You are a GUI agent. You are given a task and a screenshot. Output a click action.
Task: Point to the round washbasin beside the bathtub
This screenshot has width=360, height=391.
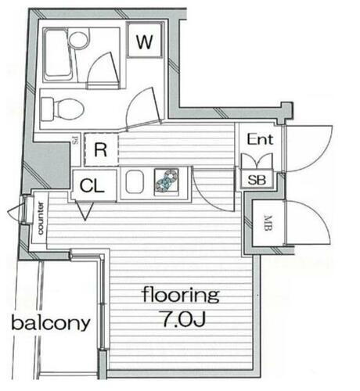[x=79, y=39]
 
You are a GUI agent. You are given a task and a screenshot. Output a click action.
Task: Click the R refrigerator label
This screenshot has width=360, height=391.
[x=100, y=150]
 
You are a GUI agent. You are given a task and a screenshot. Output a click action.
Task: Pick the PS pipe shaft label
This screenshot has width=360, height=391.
[x=75, y=142]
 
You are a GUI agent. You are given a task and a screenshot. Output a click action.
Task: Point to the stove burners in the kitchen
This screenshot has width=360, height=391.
[x=167, y=181]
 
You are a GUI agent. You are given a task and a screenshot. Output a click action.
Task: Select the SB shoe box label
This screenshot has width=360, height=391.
[x=255, y=179]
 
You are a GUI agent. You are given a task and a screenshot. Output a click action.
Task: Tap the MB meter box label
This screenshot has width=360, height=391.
[x=268, y=226]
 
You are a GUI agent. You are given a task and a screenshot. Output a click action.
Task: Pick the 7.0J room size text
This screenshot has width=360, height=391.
[x=179, y=321]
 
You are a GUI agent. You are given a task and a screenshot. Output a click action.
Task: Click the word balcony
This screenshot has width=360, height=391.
[x=50, y=322]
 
